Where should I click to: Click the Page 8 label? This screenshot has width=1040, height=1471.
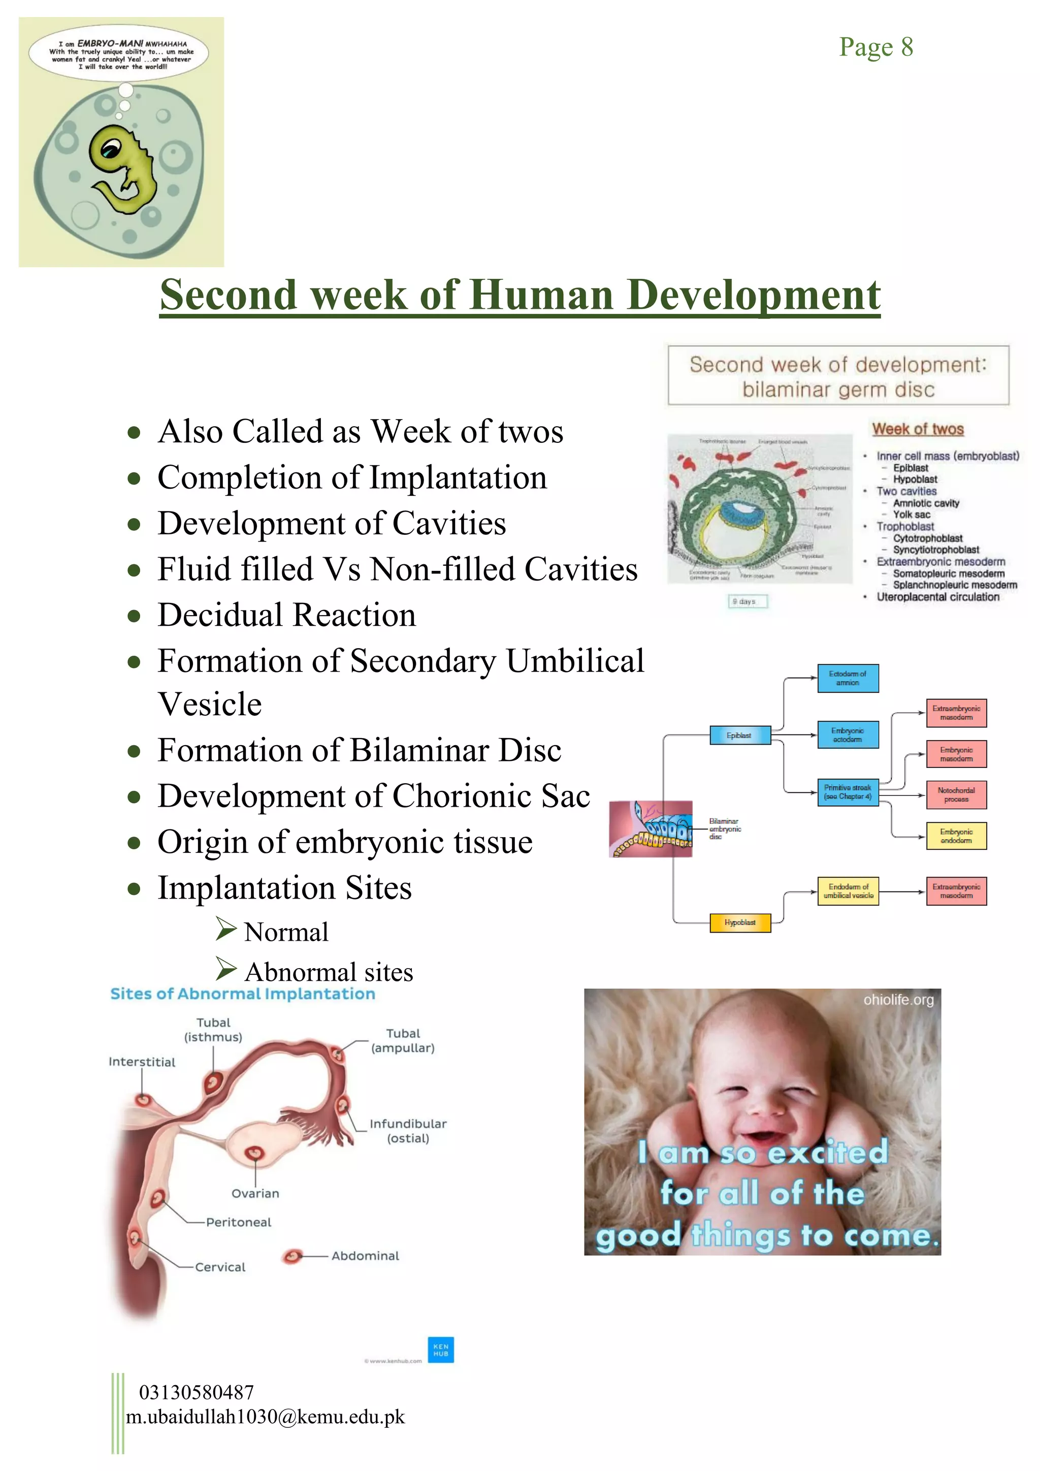pos(875,47)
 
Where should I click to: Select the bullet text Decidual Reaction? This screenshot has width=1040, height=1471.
pos(286,615)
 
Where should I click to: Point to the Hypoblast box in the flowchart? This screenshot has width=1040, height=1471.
pos(740,922)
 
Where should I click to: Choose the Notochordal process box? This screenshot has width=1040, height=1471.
pos(956,794)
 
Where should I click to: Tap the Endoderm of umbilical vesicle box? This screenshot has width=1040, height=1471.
pos(848,891)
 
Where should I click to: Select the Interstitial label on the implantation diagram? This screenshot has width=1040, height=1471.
pos(142,1062)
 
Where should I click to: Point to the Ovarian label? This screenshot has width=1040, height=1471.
pos(255,1194)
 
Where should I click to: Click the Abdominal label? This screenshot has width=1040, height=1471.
pos(365,1256)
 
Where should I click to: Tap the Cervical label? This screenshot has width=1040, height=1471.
pos(220,1267)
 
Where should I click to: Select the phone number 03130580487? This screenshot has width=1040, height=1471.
pos(196,1392)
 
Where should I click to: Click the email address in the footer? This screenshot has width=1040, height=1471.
pos(265,1417)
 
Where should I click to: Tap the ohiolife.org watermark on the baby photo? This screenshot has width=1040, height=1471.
pos(898,1000)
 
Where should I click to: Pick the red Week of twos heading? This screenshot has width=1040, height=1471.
pos(918,429)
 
